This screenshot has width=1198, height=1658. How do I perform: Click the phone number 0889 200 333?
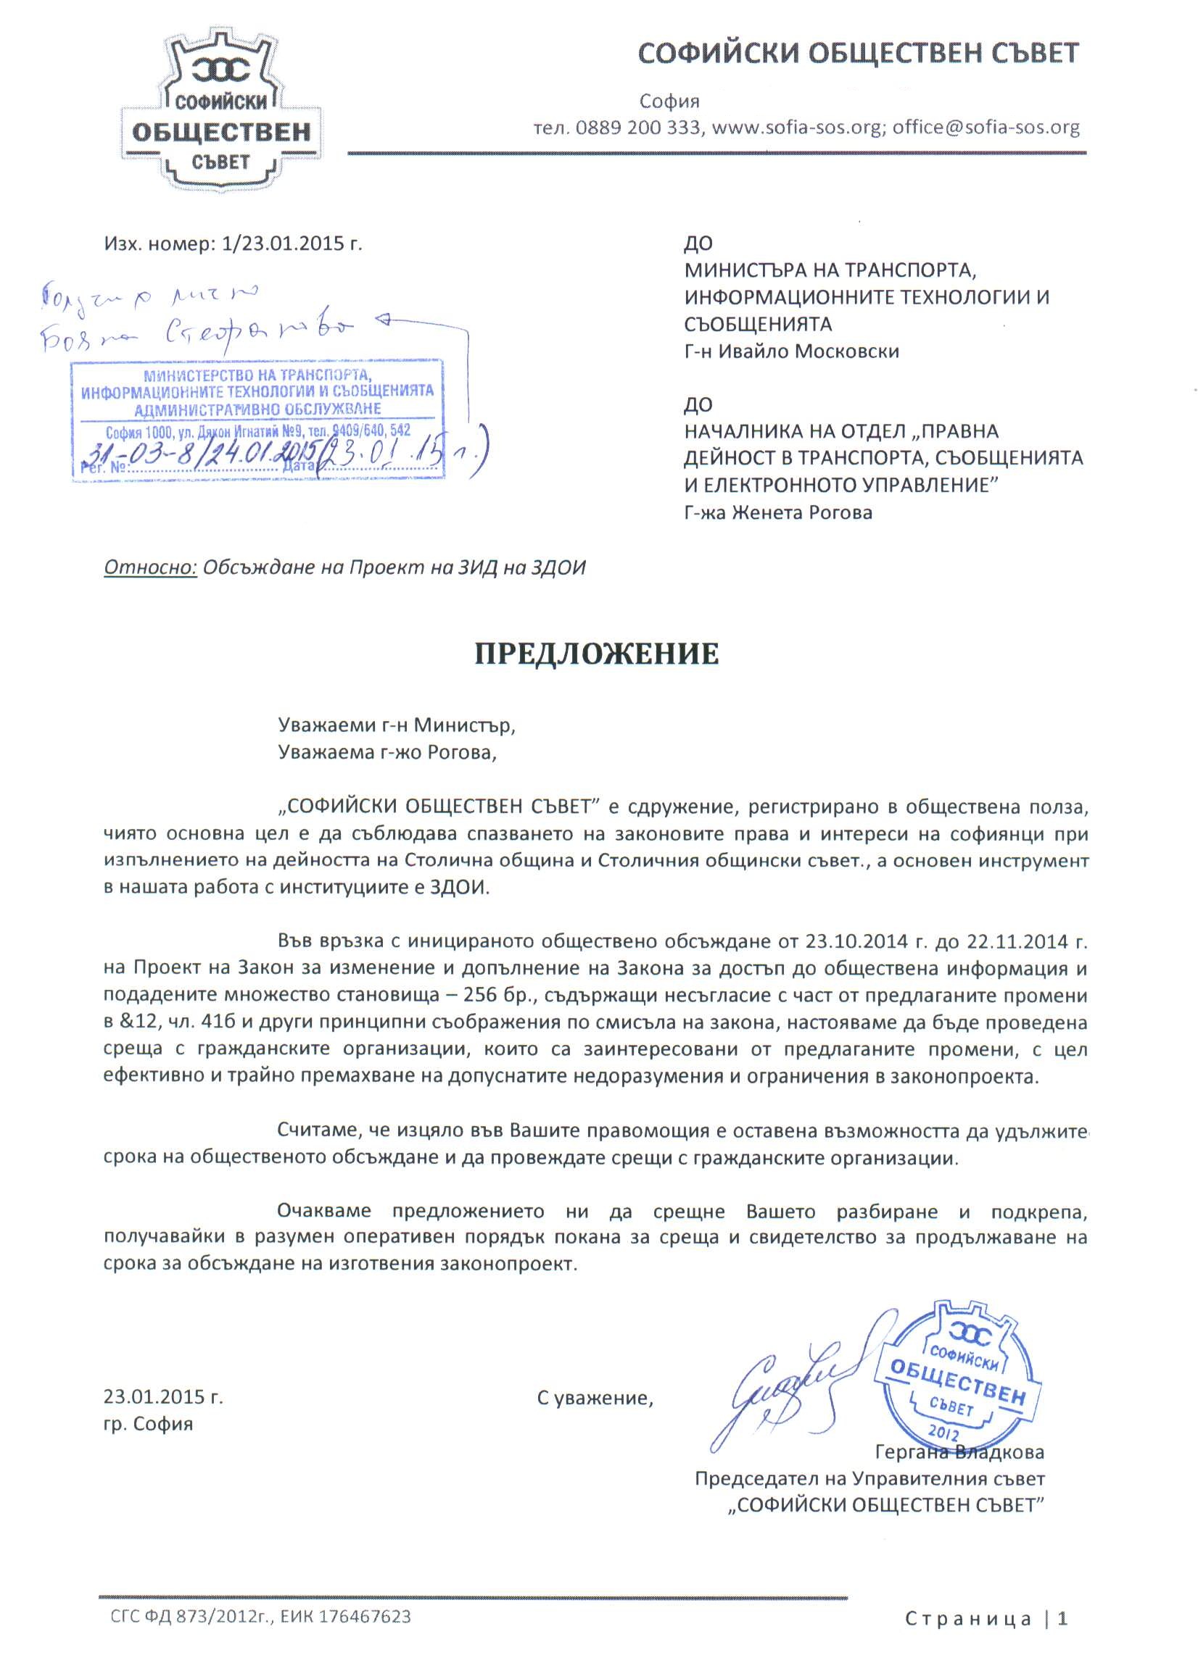637,128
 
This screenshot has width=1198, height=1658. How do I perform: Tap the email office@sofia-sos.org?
986,128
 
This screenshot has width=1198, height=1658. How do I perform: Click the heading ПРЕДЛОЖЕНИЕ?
597,654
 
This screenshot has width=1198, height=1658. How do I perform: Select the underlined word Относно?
151,568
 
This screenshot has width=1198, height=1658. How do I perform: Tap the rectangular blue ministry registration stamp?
257,420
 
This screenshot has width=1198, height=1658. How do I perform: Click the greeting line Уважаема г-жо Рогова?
387,752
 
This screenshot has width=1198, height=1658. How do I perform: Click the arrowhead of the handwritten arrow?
381,320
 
